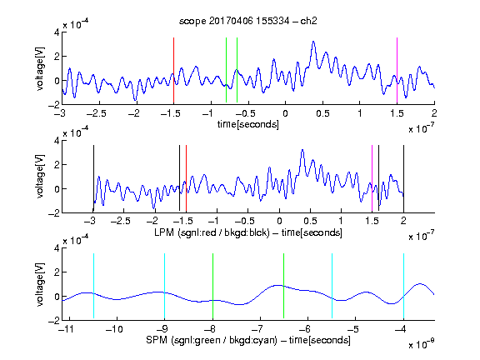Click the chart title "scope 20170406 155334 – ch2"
click(248, 21)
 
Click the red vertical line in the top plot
click(173, 70)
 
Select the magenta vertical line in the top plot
click(397, 70)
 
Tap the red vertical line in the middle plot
click(186, 178)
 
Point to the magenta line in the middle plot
click(372, 178)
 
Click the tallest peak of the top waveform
click(313, 42)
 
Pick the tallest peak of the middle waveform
click(302, 150)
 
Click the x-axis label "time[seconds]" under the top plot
click(248, 124)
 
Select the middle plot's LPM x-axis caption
click(248, 232)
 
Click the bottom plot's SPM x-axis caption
click(248, 340)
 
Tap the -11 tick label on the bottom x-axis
click(67, 329)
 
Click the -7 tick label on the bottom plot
click(257, 329)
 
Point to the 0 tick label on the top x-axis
click(285, 113)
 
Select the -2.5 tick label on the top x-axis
click(96, 113)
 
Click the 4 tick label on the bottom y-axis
click(57, 248)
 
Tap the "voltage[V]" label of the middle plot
click(40, 177)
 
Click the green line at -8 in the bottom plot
click(212, 286)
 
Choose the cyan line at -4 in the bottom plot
click(404, 286)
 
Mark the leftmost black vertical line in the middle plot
click(93, 178)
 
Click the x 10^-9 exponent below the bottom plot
click(421, 344)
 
